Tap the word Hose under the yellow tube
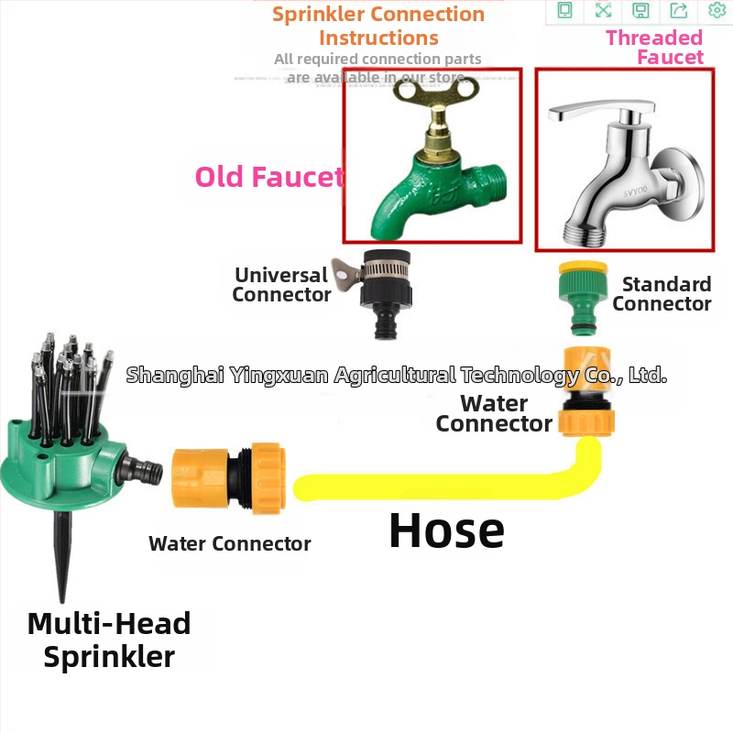446,530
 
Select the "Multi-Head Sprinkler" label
109,640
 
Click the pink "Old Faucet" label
269,176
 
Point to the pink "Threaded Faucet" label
654,47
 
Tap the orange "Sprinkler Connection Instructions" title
378,26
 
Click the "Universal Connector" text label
281,284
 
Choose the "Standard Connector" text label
662,293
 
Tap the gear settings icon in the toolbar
717,10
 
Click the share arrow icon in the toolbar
679,10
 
